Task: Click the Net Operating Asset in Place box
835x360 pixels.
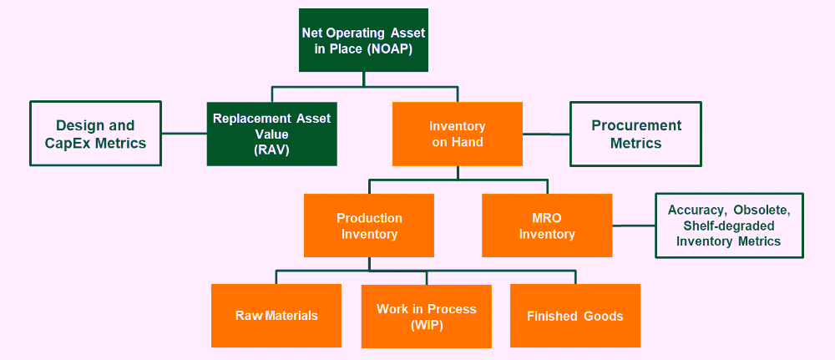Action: [x=363, y=40]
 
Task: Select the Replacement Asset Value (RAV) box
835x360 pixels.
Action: [x=271, y=134]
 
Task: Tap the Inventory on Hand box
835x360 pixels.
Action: [x=458, y=134]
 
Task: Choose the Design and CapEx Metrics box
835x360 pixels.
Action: [x=95, y=134]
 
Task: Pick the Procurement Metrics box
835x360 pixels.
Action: [x=635, y=134]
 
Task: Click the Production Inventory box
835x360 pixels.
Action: [x=369, y=226]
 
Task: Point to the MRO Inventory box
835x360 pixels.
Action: [x=547, y=226]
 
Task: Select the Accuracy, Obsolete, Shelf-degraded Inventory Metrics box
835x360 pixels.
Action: [x=729, y=226]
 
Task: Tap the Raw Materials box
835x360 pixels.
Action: [x=276, y=315]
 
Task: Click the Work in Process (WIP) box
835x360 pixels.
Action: [x=427, y=317]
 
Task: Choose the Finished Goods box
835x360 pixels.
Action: [x=575, y=315]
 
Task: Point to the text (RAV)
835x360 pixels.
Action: [x=271, y=150]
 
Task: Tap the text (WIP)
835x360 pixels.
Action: [x=427, y=326]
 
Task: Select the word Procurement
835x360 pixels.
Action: [x=636, y=125]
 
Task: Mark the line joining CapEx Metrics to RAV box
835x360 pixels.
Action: [x=184, y=133]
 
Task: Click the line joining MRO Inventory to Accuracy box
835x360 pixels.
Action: [x=634, y=226]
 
